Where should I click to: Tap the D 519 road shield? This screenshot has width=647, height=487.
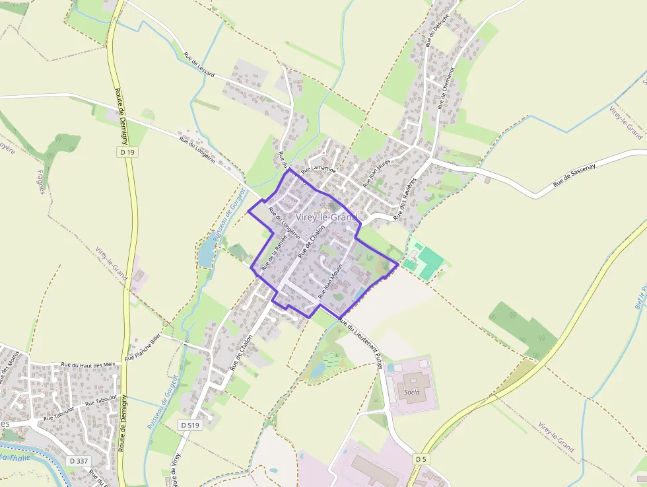[189, 425]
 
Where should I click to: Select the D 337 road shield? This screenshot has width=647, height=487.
[79, 460]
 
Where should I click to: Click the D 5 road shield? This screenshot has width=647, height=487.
[421, 458]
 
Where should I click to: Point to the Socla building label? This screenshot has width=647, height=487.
[413, 391]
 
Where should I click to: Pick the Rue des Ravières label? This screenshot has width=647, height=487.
[406, 198]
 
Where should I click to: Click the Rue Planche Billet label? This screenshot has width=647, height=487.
[143, 348]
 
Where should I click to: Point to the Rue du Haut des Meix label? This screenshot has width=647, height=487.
[88, 365]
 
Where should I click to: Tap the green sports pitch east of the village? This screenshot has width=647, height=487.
[430, 258]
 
